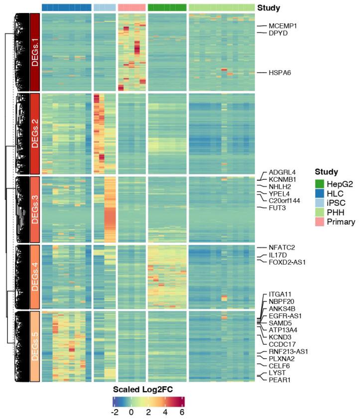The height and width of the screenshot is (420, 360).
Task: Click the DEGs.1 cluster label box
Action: [35, 52]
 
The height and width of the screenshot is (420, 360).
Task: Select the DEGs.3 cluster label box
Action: [35, 209]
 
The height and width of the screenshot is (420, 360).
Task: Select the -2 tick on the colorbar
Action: [114, 413]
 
